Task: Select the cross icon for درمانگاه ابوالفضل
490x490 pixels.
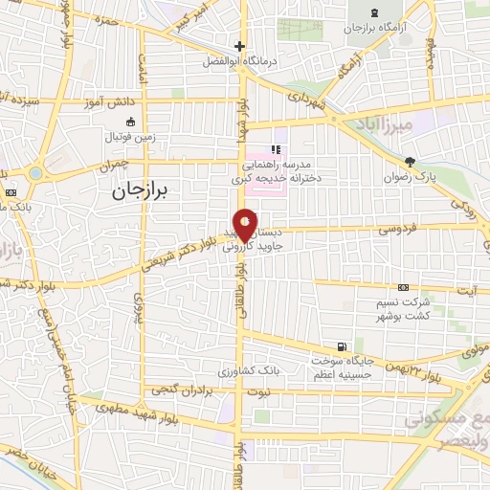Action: pos(239,46)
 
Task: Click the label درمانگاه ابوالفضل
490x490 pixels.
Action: pos(238,60)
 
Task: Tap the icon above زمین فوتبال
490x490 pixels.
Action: pos(131,122)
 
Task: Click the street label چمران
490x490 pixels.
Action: pos(111,166)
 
